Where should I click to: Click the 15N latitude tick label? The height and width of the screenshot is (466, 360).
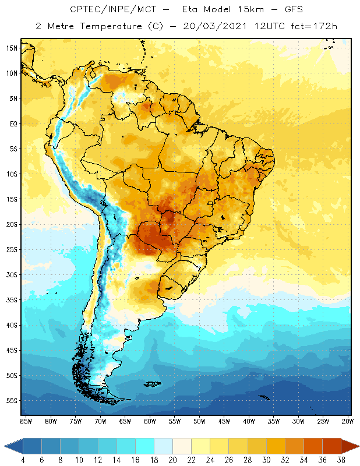click(x=12, y=48)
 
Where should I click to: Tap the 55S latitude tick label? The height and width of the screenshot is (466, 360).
click(x=12, y=401)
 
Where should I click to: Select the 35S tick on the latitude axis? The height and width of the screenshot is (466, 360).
click(x=12, y=300)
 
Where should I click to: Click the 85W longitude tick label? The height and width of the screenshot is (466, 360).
click(x=26, y=421)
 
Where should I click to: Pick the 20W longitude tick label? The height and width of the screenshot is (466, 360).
click(x=348, y=421)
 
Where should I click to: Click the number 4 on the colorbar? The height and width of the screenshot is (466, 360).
click(x=23, y=460)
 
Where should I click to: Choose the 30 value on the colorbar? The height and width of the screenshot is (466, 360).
click(x=267, y=460)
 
